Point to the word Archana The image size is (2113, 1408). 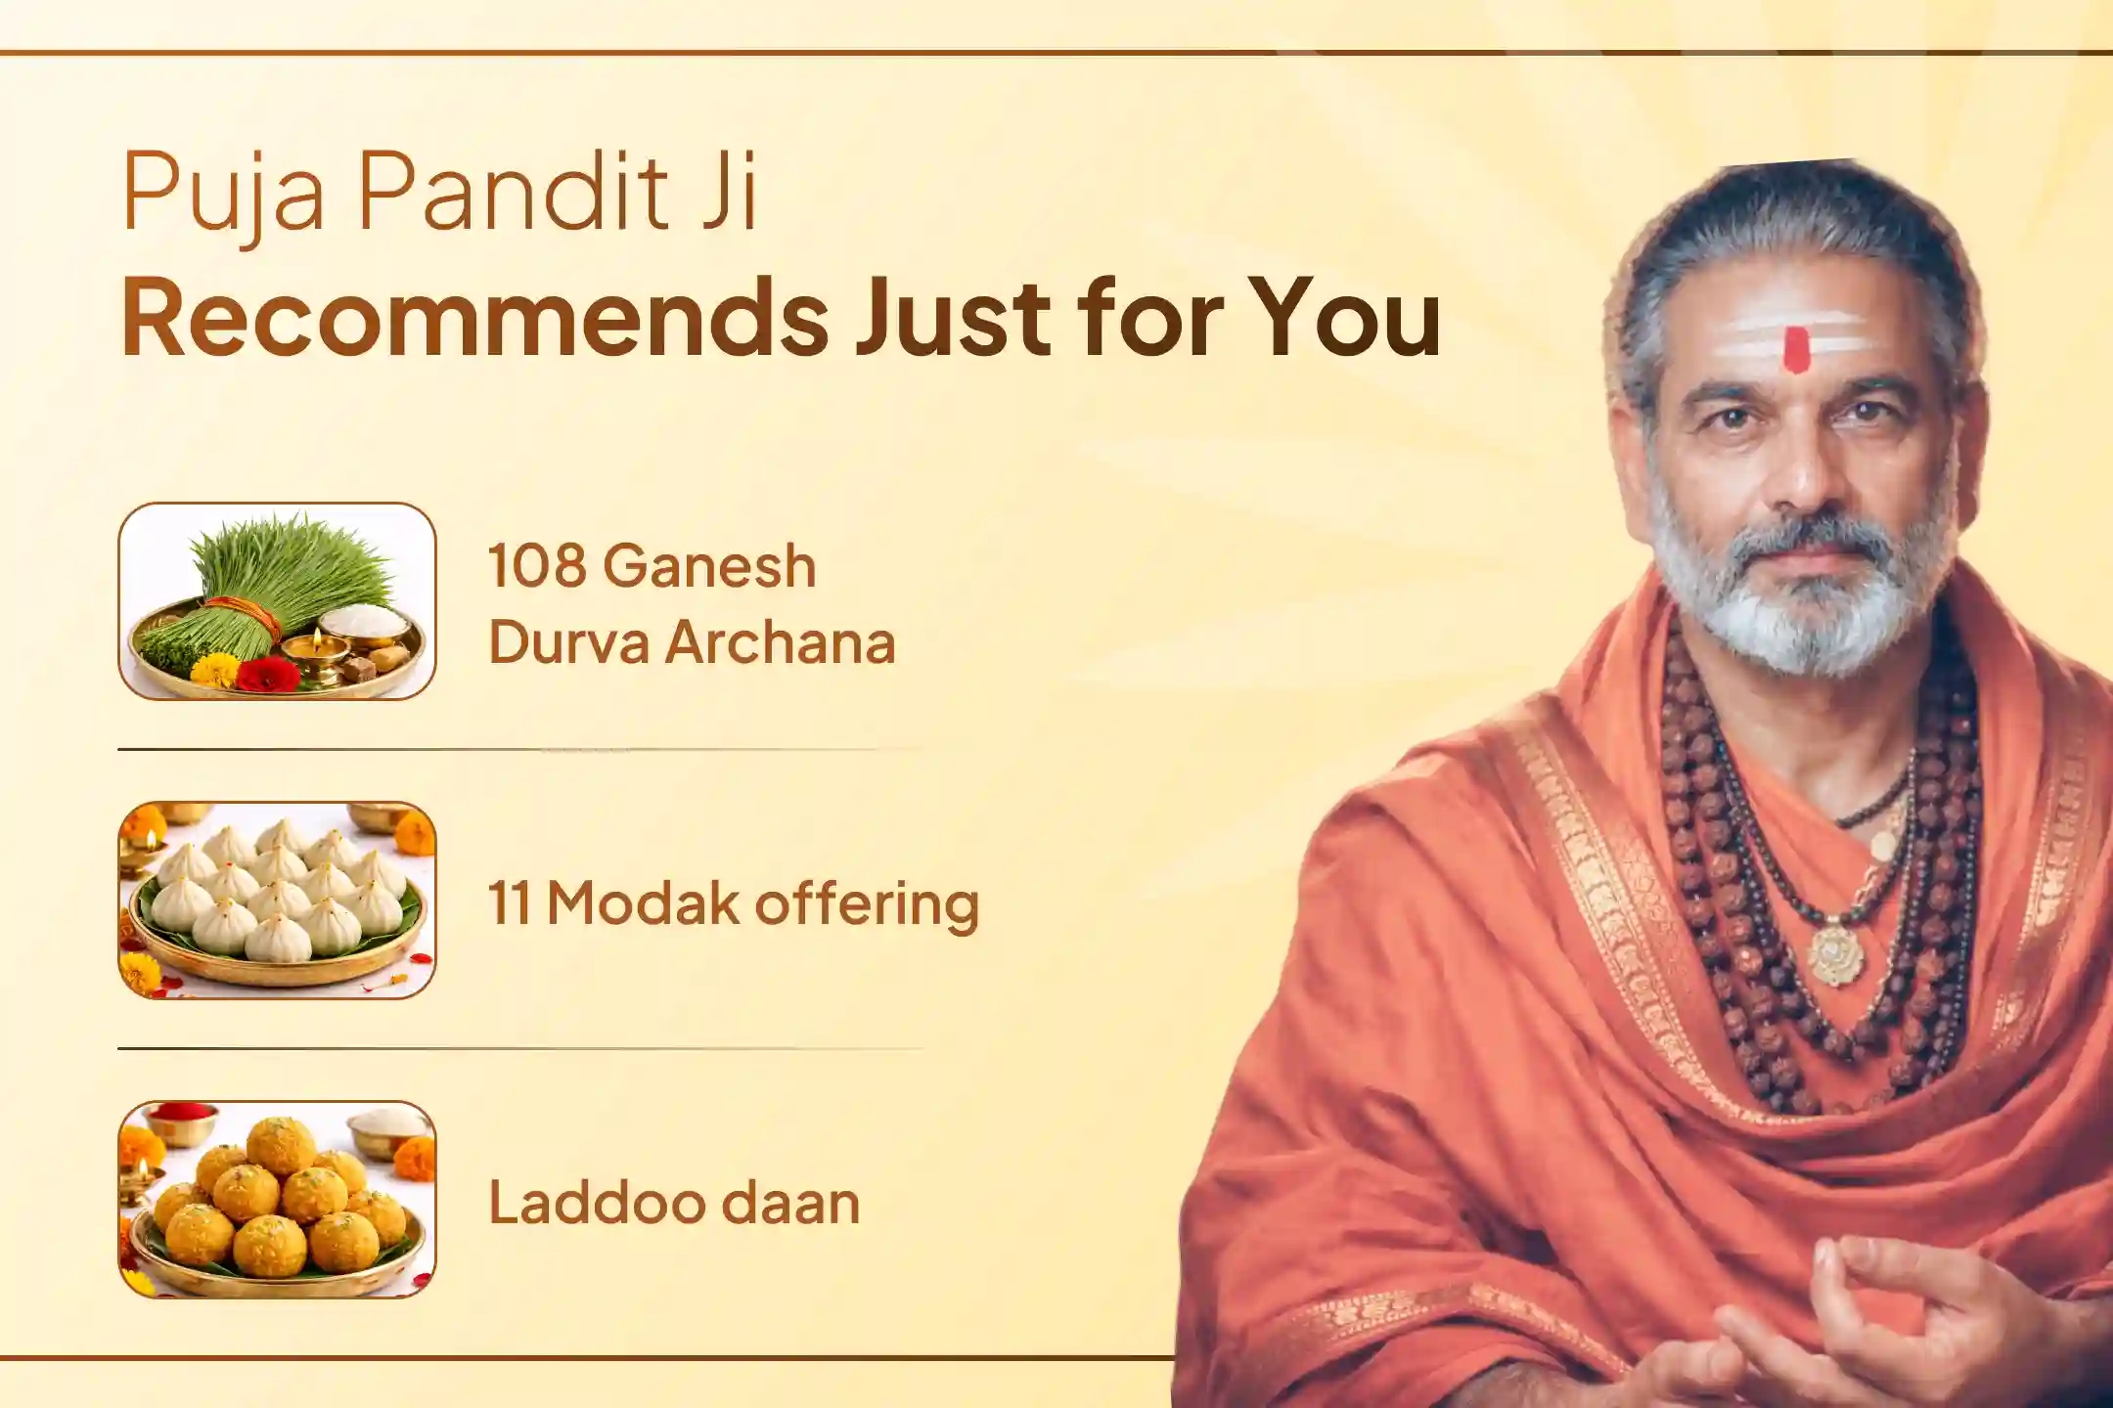pyautogui.click(x=781, y=644)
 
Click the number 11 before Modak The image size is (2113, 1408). pyautogui.click(x=509, y=903)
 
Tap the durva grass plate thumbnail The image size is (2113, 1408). pyautogui.click(x=277, y=601)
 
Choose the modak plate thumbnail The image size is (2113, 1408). pyautogui.click(x=277, y=901)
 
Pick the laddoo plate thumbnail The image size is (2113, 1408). pyautogui.click(x=277, y=1200)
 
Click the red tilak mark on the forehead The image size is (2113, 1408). pyautogui.click(x=1796, y=350)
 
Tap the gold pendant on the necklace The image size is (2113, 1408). pyautogui.click(x=1836, y=952)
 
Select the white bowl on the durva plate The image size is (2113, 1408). pyautogui.click(x=365, y=626)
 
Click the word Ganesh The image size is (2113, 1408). pyautogui.click(x=709, y=567)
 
